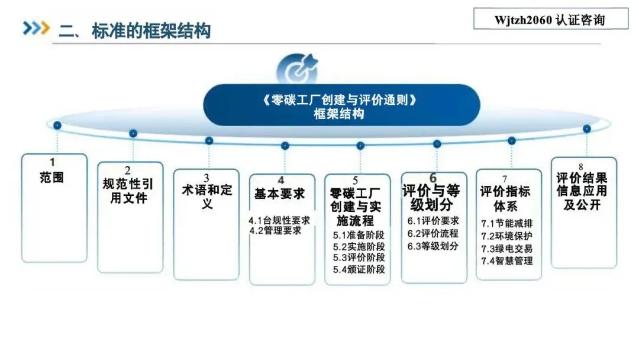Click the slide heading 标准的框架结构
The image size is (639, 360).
(x=151, y=30)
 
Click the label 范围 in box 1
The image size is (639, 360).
(x=53, y=176)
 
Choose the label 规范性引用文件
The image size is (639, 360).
(x=128, y=191)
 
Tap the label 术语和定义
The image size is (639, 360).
(x=206, y=197)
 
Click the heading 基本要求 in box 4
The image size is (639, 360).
(x=280, y=194)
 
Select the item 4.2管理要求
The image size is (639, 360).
(x=276, y=231)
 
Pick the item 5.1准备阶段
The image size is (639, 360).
(x=359, y=234)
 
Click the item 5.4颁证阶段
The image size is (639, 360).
(x=359, y=269)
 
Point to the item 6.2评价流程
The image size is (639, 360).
(x=433, y=233)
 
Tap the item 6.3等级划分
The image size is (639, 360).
(x=433, y=246)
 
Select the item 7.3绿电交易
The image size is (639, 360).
(x=506, y=249)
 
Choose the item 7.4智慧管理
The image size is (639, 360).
(x=506, y=261)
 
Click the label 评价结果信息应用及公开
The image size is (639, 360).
(x=582, y=191)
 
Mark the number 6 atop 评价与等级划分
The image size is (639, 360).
(x=433, y=178)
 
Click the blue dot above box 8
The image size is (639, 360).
(x=586, y=128)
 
